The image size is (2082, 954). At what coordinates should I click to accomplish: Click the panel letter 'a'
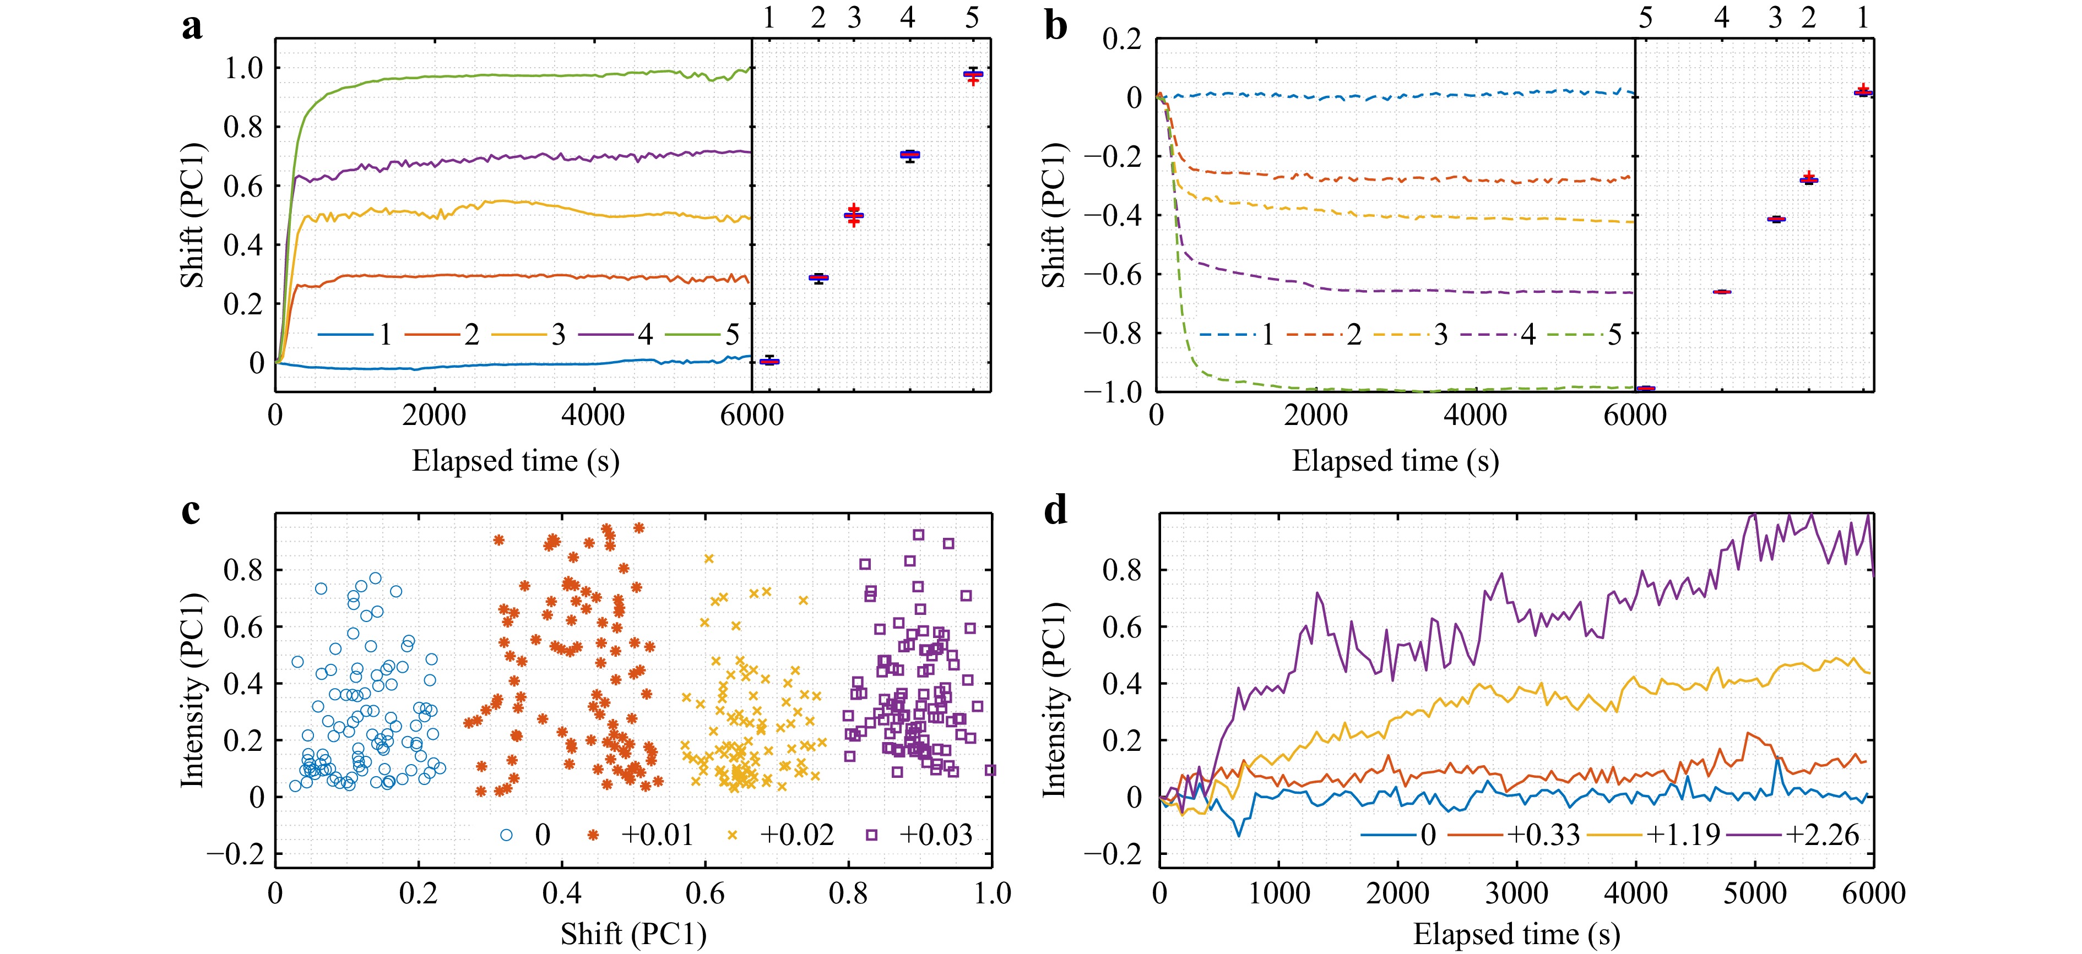tap(192, 28)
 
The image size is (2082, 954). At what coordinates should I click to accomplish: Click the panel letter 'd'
tap(1055, 511)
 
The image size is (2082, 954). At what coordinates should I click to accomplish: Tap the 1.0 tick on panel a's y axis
tap(243, 69)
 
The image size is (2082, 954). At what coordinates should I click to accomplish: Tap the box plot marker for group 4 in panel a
tap(910, 154)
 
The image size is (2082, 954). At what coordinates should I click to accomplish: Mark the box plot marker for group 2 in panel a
tap(818, 278)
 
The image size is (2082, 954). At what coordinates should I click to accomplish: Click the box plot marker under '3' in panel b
tap(1776, 219)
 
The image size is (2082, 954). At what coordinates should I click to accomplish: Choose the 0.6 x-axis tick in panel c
tap(705, 893)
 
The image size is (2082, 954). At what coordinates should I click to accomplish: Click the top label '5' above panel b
tap(1646, 18)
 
